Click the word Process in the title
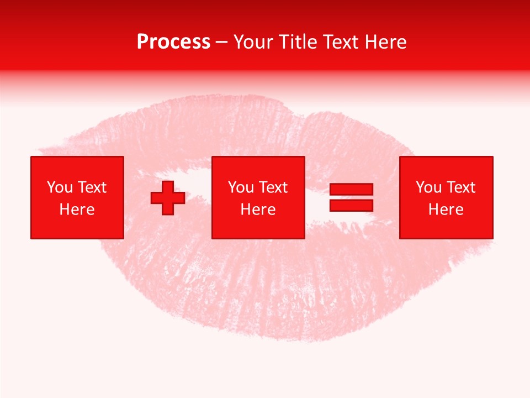[173, 42]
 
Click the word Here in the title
[388, 42]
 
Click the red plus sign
[168, 197]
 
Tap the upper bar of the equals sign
[351, 189]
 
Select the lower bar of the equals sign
[351, 206]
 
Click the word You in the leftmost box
[60, 187]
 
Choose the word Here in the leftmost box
[77, 210]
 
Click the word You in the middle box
[241, 187]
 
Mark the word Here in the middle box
[258, 210]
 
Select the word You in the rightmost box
[428, 187]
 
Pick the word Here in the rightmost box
[446, 210]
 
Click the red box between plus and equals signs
[258, 227]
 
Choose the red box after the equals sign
[446, 227]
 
